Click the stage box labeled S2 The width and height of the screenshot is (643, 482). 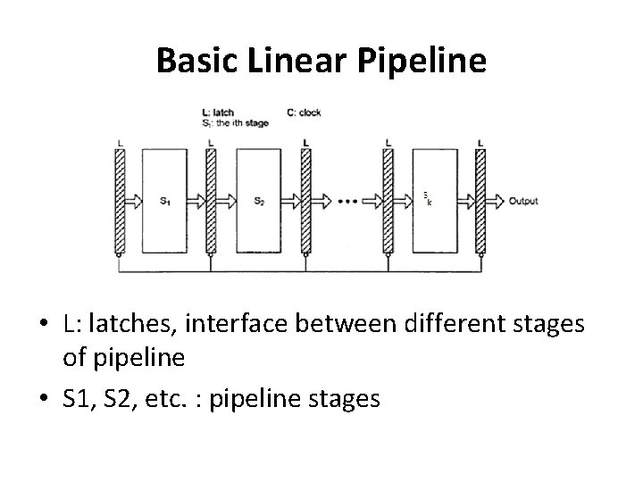coord(260,200)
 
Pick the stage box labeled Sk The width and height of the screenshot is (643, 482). coord(433,200)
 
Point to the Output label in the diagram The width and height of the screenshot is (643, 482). coord(523,201)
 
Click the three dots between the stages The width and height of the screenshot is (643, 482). coord(348,201)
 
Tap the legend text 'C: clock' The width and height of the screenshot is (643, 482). coord(304,113)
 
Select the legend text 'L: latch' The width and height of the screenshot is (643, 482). coord(219,113)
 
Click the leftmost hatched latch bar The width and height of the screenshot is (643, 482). coord(121,200)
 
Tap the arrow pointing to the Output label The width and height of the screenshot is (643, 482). coord(497,201)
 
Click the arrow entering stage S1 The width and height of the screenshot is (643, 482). coord(135,201)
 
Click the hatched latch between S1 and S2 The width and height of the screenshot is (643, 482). coord(212,200)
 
